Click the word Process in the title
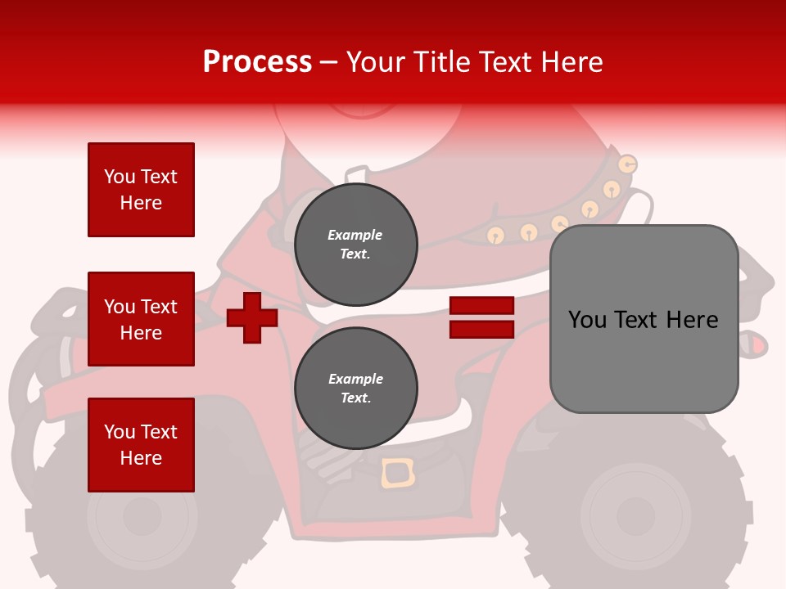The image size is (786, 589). point(257,62)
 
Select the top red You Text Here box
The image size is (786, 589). point(141,190)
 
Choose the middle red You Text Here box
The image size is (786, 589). point(141,319)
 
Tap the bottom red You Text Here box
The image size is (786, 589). point(141,445)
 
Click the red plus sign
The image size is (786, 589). point(252,317)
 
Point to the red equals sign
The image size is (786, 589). point(481,317)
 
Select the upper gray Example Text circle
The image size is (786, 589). point(355,245)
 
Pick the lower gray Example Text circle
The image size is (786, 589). point(355,389)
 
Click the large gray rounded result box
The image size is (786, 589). point(644,319)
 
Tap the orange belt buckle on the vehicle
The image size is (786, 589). point(398,474)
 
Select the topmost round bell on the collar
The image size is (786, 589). point(627,164)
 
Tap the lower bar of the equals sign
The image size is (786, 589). point(481,330)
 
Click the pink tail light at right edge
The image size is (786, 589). point(758,346)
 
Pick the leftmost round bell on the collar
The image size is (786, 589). point(495,236)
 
